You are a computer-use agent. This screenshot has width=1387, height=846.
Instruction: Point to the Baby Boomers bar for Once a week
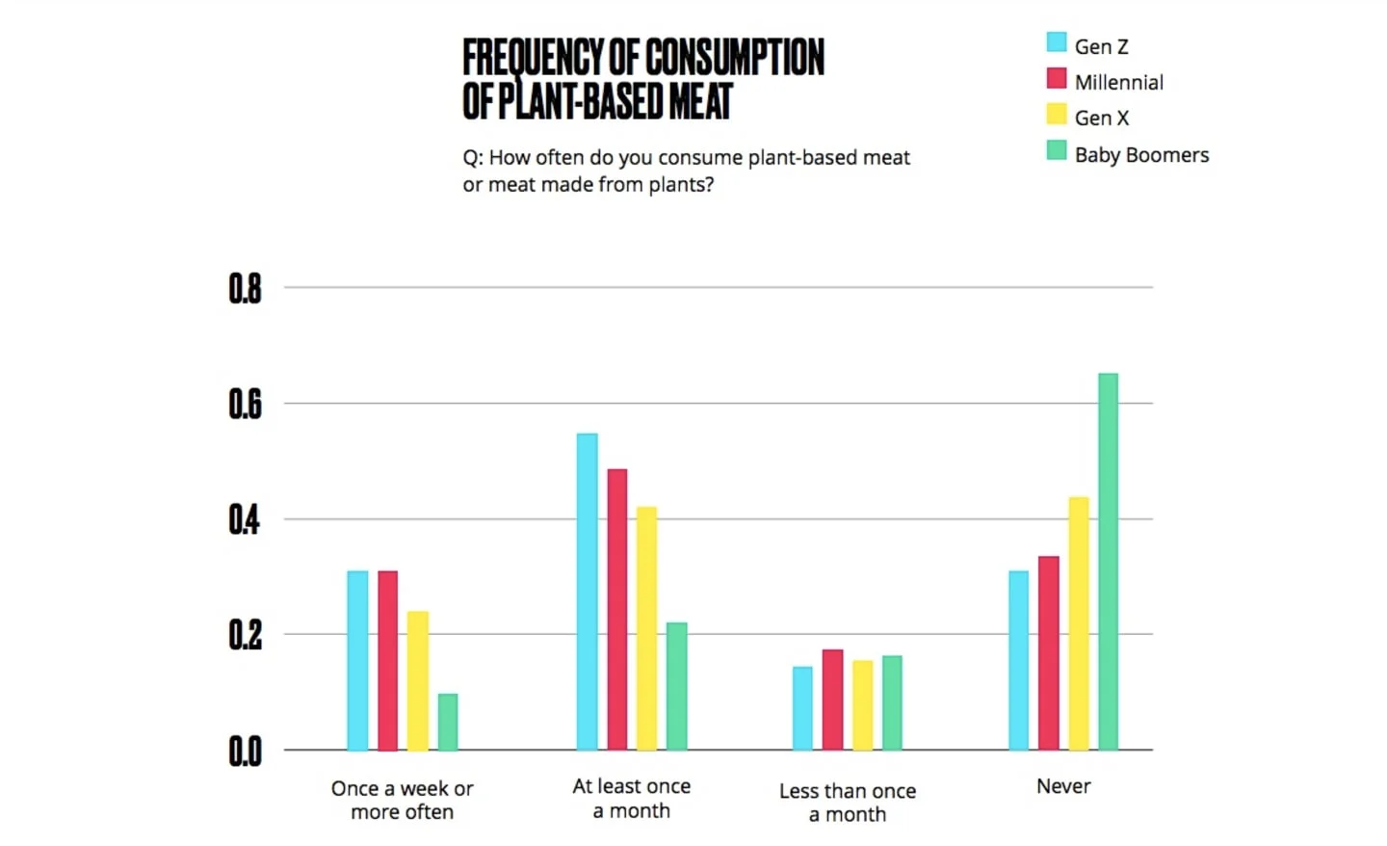pos(448,722)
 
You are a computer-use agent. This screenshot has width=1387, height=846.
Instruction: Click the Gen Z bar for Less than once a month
pos(802,708)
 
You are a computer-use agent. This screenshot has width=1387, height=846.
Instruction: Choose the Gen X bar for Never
pos(1079,623)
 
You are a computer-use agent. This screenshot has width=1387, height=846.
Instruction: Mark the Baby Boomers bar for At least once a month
pos(677,686)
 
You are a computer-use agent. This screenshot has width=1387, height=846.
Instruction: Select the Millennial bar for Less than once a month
pos(832,700)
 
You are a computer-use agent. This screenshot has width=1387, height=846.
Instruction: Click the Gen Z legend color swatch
pos(1057,42)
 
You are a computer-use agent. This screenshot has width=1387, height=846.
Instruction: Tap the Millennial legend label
pos(1118,83)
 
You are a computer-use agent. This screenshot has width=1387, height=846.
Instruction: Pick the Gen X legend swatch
pos(1057,115)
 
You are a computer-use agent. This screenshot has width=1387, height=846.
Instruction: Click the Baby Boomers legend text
pos(1141,155)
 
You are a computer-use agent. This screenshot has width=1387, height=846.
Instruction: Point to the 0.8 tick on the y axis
pos(245,288)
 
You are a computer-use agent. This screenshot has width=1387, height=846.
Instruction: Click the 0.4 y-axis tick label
pos(245,519)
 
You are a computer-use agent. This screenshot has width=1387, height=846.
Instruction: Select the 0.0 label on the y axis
pos(245,751)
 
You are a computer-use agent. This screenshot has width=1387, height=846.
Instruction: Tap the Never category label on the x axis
pos(1063,786)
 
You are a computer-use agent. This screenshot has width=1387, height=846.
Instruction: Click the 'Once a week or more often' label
pos(402,800)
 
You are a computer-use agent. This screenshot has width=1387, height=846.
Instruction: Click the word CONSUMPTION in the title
pos(733,58)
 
